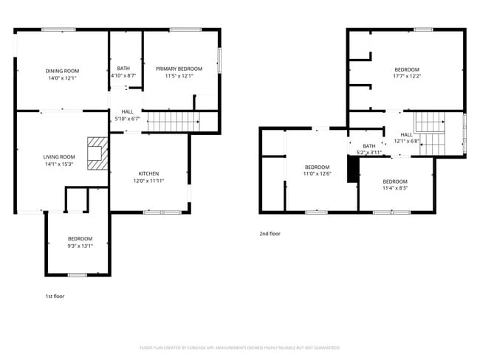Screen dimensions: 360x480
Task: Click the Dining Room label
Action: coord(62,71)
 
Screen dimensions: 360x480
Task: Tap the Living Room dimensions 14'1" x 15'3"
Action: coord(58,164)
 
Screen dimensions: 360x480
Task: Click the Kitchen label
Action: coord(148,173)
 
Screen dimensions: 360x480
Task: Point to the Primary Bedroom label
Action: coord(178,68)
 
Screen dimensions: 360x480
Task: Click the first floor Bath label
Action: coord(123,68)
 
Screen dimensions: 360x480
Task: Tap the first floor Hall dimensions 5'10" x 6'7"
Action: coord(126,119)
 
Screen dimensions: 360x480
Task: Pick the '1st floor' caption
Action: coord(55,295)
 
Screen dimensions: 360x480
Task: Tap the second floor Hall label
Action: coord(406,134)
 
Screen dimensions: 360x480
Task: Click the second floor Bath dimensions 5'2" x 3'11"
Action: coord(368,152)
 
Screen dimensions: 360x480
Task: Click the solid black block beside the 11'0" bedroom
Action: coord(352,168)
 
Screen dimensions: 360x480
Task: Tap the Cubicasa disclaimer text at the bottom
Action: coord(239,347)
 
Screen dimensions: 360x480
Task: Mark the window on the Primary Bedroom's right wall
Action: coord(219,60)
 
